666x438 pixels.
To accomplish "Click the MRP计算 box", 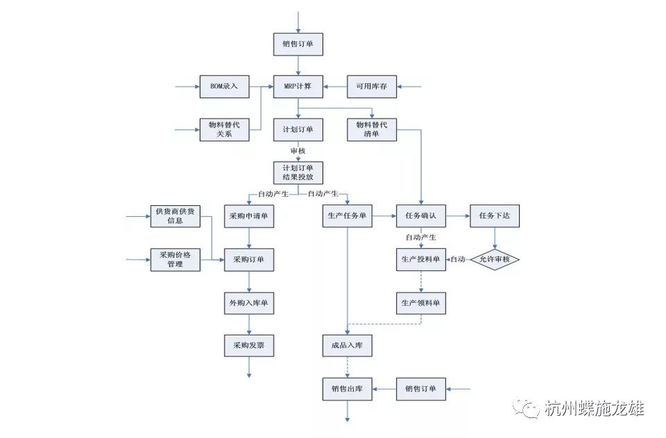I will tap(298, 87).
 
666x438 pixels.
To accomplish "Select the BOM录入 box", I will tap(224, 87).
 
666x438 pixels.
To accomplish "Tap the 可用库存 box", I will tap(372, 87).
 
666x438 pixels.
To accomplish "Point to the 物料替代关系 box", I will tap(224, 130).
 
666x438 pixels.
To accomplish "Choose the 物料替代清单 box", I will tap(372, 130).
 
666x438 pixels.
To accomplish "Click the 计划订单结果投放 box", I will tap(298, 173).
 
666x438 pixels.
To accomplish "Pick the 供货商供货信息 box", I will tap(175, 216).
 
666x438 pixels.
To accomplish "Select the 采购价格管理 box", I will tap(175, 259).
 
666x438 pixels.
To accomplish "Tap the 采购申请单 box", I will tap(248, 216).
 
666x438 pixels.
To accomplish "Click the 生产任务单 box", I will tap(347, 216).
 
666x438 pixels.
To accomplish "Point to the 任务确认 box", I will tap(420, 216).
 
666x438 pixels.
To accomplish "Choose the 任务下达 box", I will tap(495, 216).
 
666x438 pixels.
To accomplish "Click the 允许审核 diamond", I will tap(495, 260).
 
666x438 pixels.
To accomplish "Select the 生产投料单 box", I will tap(420, 260).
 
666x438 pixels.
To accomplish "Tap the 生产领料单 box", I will tap(420, 303).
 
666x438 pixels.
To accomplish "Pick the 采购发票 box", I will tap(248, 345).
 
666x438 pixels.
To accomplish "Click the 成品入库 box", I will tap(347, 345).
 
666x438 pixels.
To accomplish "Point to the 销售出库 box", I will tap(347, 389).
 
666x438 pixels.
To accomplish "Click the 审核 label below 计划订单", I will tap(298, 150).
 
